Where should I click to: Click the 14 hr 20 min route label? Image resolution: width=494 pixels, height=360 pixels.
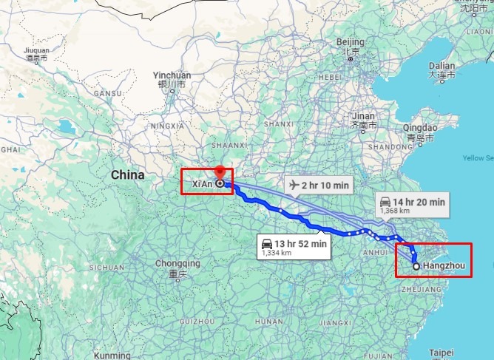[x=420, y=201]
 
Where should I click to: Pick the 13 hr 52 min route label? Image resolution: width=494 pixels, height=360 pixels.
[x=301, y=243]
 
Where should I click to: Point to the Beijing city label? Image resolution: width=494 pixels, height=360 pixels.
[x=351, y=41]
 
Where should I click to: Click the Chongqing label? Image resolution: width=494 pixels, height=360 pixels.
[x=177, y=263]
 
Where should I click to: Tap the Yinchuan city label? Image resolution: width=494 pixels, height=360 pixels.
[x=172, y=75]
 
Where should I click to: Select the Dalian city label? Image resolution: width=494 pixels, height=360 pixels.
[x=441, y=66]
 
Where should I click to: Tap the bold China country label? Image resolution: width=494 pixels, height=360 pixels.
[x=127, y=175]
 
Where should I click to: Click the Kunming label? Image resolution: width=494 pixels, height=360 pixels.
[x=112, y=356]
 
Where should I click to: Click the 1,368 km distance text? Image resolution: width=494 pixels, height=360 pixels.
[x=391, y=211]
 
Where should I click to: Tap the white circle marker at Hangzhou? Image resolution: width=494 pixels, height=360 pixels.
[x=416, y=266]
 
